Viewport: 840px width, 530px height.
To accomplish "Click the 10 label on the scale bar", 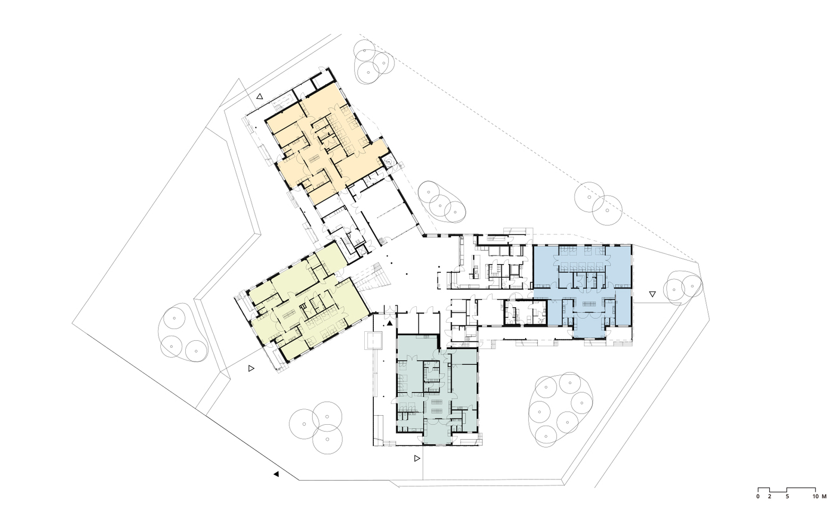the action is [815, 496].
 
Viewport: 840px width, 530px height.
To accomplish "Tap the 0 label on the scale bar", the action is [758, 496].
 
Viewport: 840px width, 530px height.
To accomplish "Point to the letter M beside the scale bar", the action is [824, 496].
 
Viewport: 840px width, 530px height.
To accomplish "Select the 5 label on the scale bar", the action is [787, 496].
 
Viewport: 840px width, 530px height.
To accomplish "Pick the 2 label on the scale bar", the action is [769, 496].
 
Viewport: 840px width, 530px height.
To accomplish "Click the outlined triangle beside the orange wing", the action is [260, 96].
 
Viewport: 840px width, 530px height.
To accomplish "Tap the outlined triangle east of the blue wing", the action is [653, 295].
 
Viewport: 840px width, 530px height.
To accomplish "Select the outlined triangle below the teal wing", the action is [417, 458].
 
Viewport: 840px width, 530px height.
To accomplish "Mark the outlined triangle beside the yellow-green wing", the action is [251, 368].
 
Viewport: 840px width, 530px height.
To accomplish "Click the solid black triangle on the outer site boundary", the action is [277, 474].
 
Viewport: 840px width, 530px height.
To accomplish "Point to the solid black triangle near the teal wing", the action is [390, 323].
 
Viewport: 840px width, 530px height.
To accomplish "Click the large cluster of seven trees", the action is [561, 410].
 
